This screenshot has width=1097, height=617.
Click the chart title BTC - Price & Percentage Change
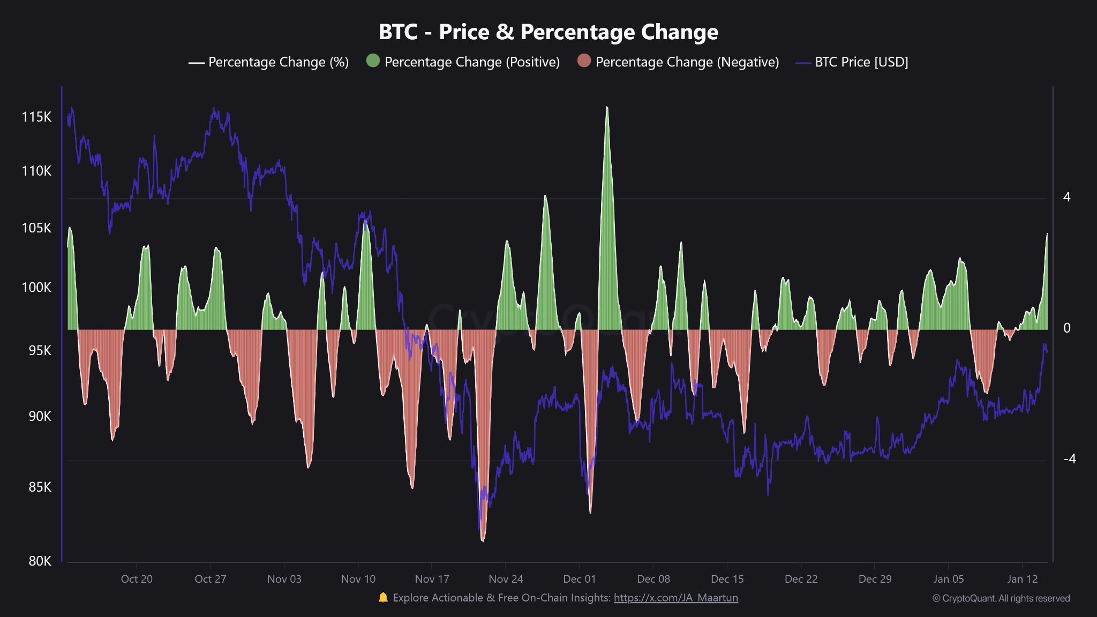(548, 32)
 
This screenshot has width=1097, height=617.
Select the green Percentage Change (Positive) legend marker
(373, 61)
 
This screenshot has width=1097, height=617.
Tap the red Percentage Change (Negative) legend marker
(584, 61)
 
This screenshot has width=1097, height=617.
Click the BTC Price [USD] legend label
(861, 62)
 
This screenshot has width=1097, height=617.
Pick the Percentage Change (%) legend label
(278, 62)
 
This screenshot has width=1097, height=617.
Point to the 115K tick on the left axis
(36, 117)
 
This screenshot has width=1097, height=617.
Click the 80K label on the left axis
(40, 561)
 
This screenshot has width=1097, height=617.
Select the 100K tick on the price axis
(36, 288)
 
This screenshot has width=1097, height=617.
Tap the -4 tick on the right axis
(1069, 459)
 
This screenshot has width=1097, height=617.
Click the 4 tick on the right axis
(1066, 197)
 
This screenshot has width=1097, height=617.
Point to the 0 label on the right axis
(1066, 328)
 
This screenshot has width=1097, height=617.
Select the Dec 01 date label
(579, 579)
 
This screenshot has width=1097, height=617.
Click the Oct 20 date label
(137, 579)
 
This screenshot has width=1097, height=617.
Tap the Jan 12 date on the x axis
(1022, 579)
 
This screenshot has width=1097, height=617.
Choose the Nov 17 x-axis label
(432, 579)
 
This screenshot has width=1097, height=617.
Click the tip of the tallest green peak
(607, 108)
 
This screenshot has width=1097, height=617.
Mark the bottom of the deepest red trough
(483, 540)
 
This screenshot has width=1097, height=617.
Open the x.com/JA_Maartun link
(675, 598)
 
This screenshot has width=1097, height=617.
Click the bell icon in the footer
(383, 598)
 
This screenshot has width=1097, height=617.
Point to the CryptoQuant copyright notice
(1001, 598)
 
